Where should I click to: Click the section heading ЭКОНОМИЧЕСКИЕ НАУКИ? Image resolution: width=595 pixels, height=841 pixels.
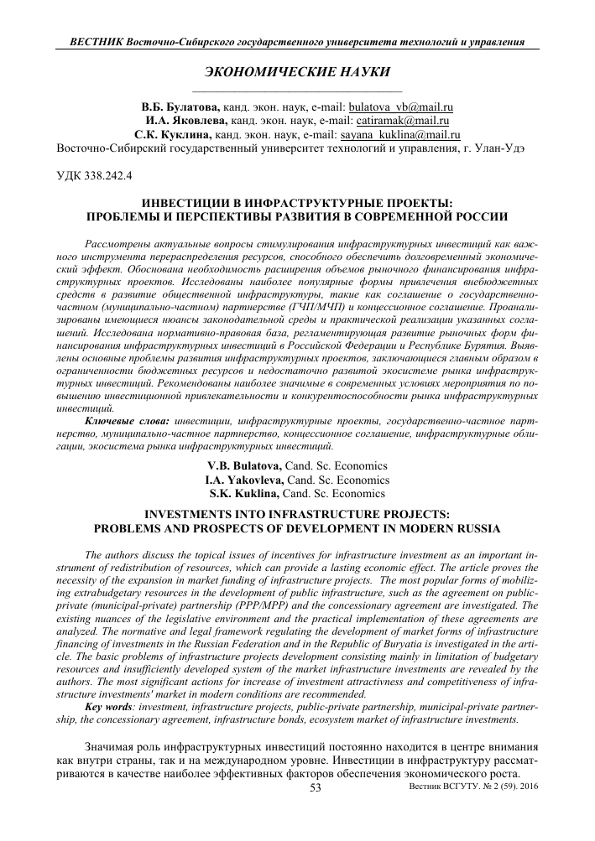click(x=297, y=74)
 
